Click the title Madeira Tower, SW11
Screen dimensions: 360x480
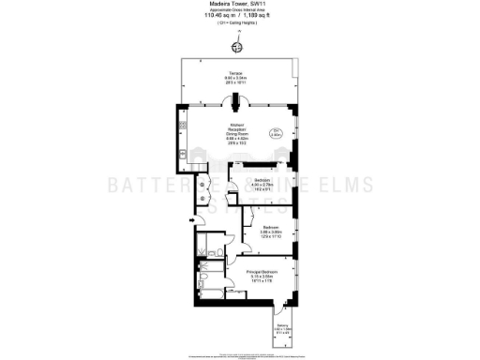click(239, 5)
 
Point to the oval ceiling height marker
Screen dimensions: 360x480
click(277, 133)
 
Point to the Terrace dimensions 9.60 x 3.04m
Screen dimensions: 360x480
click(238, 80)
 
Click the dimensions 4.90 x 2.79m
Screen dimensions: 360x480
click(260, 184)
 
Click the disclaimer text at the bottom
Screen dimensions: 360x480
click(240, 355)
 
